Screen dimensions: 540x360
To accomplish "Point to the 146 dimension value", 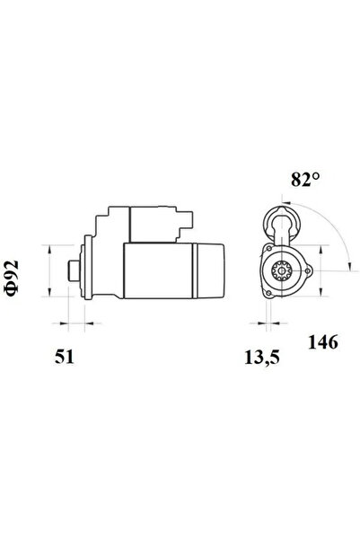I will [323, 342].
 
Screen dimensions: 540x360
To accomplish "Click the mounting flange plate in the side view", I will [87, 269].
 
